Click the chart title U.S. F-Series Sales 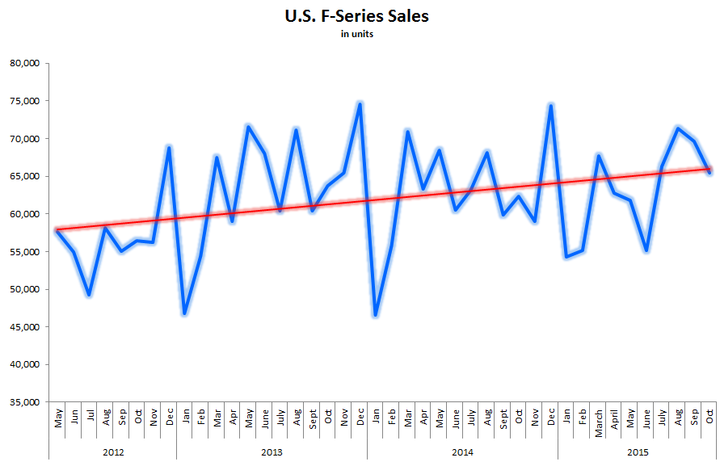[x=356, y=15]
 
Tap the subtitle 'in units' [x=356, y=34]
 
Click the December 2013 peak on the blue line [x=360, y=103]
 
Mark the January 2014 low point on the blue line [x=376, y=315]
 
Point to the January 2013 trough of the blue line [x=185, y=313]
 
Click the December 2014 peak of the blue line [x=550, y=105]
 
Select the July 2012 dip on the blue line [x=90, y=295]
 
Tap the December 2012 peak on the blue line [x=169, y=147]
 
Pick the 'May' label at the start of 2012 [x=58, y=419]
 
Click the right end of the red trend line [x=709, y=168]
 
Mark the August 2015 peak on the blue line [x=678, y=128]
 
